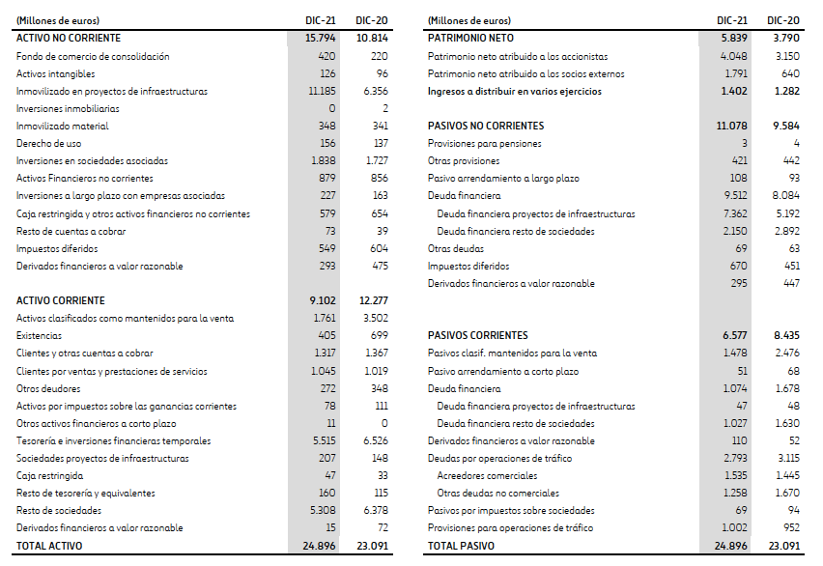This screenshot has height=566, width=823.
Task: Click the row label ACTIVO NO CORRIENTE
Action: click(69, 38)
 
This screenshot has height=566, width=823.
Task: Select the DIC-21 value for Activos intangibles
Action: click(326, 73)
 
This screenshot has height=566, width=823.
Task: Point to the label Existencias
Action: click(38, 336)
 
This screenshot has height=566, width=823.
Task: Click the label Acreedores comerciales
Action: click(487, 475)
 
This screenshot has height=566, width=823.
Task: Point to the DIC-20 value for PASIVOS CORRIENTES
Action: click(783, 335)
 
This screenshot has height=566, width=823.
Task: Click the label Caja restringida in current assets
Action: click(49, 475)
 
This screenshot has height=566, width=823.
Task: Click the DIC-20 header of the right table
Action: click(782, 20)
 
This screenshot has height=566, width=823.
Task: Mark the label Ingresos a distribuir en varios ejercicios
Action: click(514, 91)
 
